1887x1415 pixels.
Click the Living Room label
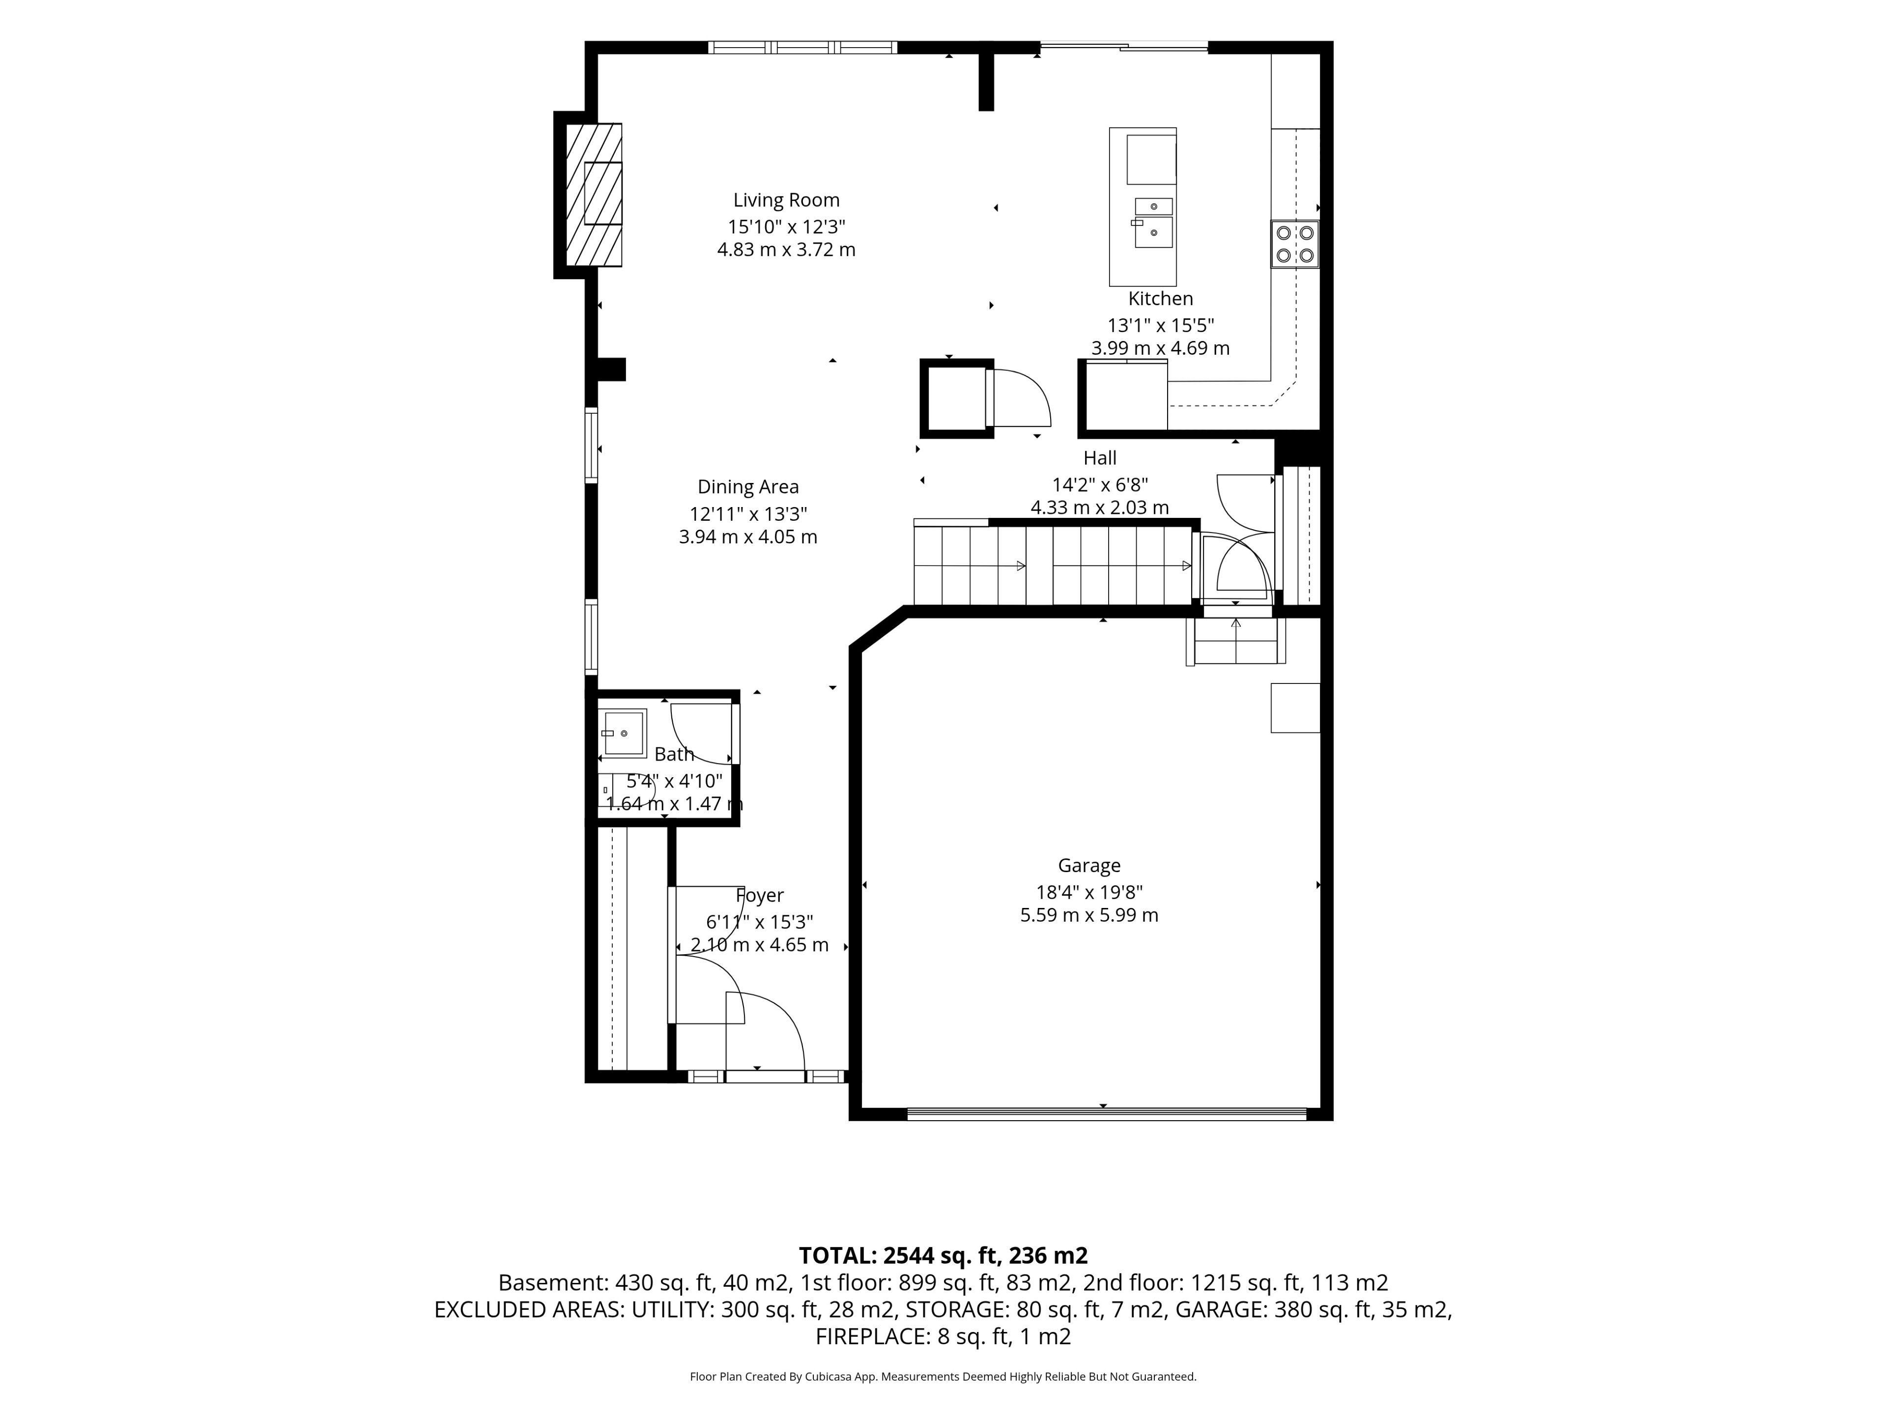tap(786, 200)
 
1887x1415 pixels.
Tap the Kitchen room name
tap(1160, 299)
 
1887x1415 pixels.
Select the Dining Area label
tap(748, 487)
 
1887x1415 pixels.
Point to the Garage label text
tap(1088, 866)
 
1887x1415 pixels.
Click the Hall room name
tap(1100, 458)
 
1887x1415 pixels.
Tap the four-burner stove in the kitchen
tap(1294, 244)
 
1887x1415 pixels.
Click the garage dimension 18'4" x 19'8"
tap(1088, 892)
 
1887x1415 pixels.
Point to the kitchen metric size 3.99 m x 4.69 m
tap(1160, 348)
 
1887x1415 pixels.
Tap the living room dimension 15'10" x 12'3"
tap(786, 227)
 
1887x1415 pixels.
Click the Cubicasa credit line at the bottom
tap(943, 1377)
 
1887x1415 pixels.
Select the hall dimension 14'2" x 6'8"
tap(1100, 484)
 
